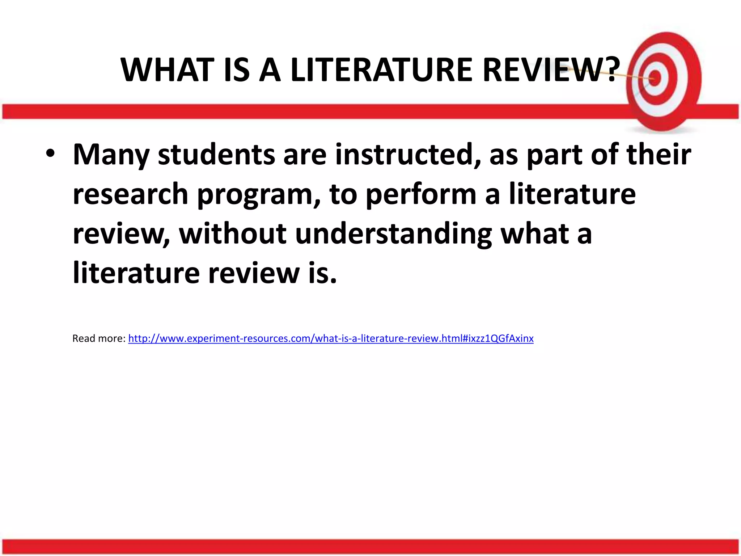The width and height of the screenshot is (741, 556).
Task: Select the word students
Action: (216, 155)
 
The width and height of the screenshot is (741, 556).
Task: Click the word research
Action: (130, 194)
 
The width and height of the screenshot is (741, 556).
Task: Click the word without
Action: (233, 233)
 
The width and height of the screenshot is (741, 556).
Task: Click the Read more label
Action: (99, 338)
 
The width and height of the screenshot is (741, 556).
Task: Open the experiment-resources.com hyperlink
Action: (331, 338)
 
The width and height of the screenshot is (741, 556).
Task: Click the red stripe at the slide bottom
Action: (370, 547)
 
